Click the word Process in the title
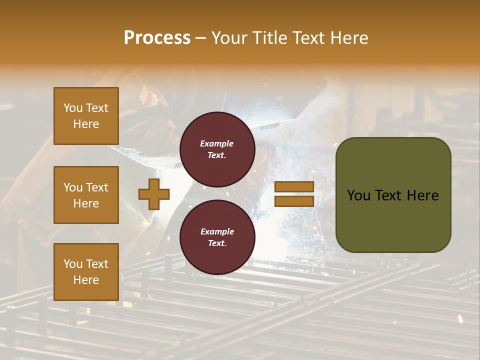157,37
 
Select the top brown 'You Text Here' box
86,116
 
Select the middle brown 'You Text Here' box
86,195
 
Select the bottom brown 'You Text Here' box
86,272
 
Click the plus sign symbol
154,193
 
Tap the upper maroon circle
217,149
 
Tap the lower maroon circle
217,237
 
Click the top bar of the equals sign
294,187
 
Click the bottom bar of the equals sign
294,201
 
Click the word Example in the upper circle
217,143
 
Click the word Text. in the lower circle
217,243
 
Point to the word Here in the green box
422,195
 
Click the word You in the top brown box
72,108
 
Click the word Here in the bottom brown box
86,280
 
